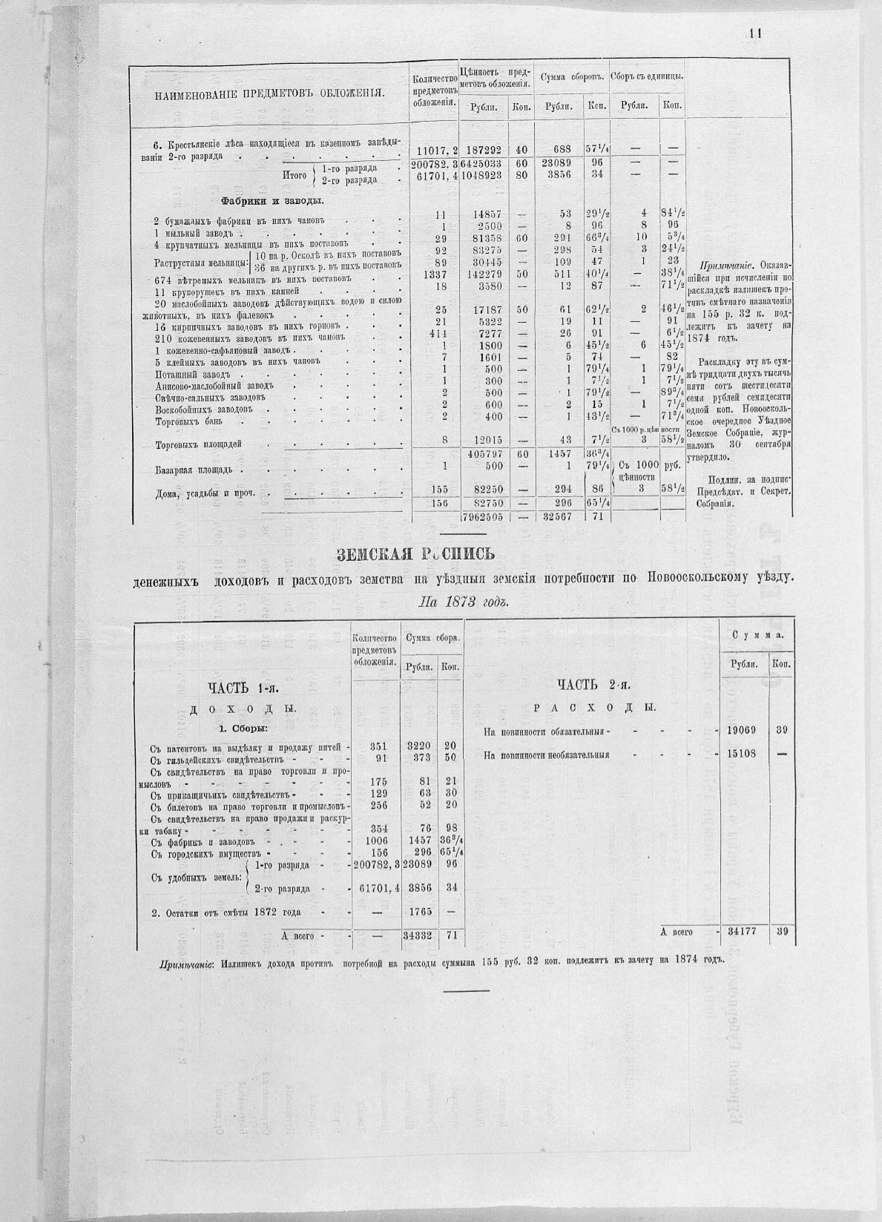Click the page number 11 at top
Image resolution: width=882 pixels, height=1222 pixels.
coord(756,33)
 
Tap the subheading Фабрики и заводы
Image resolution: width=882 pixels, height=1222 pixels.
coord(271,201)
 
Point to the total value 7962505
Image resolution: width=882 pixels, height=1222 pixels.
coord(483,517)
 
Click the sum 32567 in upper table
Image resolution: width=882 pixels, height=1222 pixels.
coord(557,517)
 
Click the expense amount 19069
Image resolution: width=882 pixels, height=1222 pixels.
coord(742,730)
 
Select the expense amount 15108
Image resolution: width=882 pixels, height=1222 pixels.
coord(742,755)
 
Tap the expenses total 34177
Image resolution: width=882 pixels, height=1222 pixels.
coord(742,931)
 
